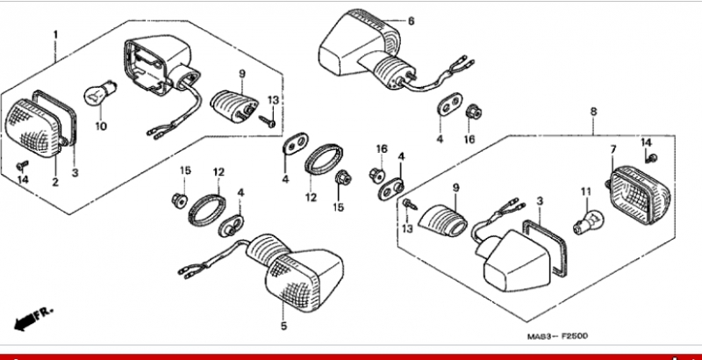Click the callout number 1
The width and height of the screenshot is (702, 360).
click(55, 34)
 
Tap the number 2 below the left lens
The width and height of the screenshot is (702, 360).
click(55, 183)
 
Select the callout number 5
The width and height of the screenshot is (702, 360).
click(283, 326)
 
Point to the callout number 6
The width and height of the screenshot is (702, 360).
click(411, 21)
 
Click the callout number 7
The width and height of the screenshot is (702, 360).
click(613, 149)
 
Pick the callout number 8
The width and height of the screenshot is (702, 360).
click(594, 112)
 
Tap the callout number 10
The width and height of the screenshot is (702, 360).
click(101, 126)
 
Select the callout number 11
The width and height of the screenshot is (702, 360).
click(586, 192)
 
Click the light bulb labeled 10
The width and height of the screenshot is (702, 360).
click(100, 93)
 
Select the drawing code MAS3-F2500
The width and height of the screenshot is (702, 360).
click(557, 335)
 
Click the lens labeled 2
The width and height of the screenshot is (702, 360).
click(33, 128)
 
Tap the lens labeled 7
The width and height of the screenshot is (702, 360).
click(641, 195)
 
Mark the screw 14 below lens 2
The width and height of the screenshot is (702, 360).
click(22, 166)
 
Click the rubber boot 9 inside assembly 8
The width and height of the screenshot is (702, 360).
click(442, 220)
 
